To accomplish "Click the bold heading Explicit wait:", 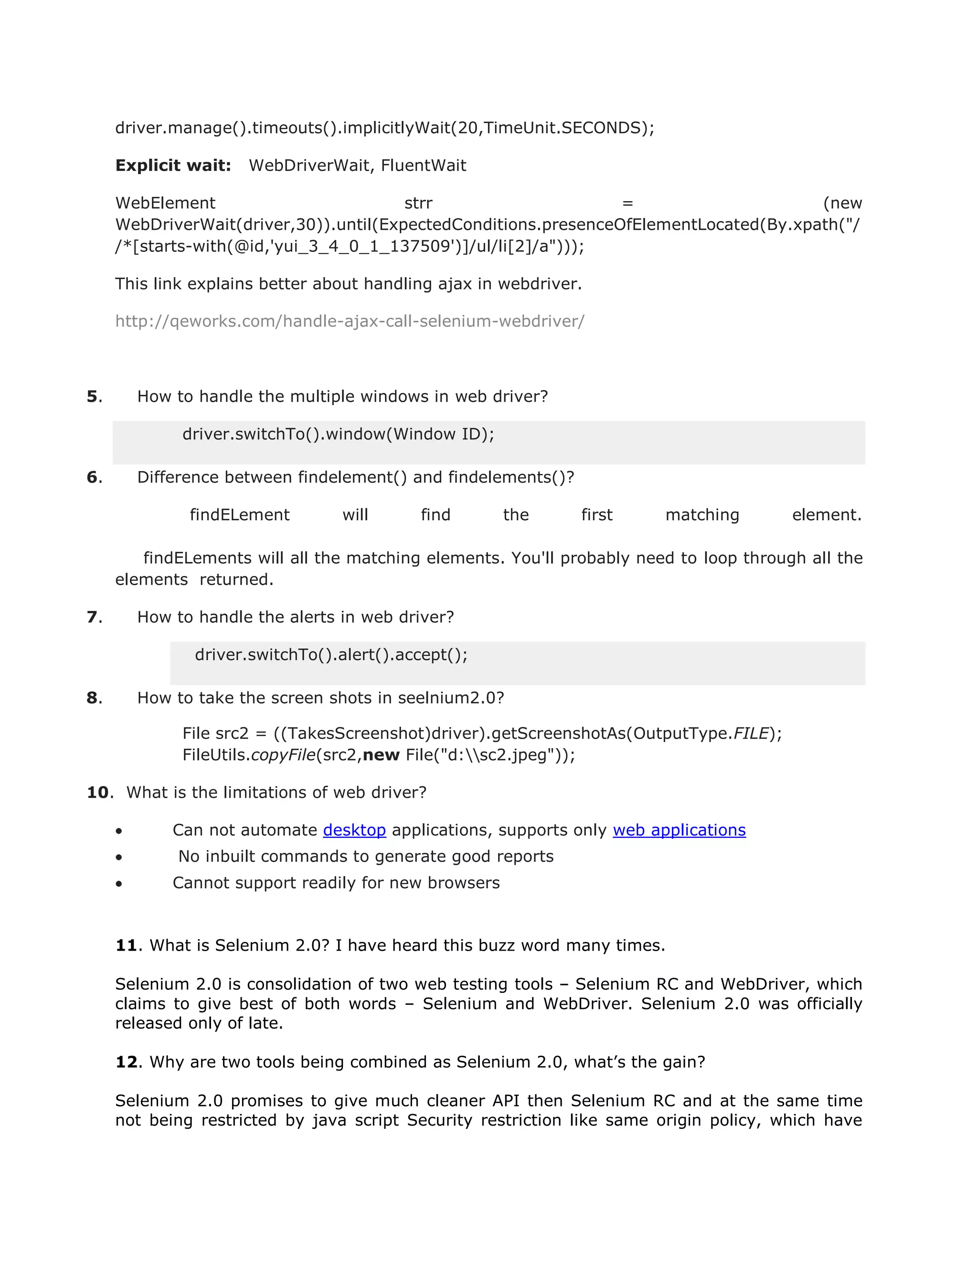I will [x=173, y=166].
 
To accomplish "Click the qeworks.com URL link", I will [x=350, y=321].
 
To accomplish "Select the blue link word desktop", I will [x=354, y=830].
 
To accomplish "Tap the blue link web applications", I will [x=679, y=830].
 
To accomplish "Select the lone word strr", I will [x=418, y=204].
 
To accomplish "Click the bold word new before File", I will [x=381, y=755].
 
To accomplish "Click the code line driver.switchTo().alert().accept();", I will [x=331, y=655].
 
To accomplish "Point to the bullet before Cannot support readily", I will [x=119, y=884].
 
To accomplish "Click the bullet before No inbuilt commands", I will [x=119, y=858].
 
